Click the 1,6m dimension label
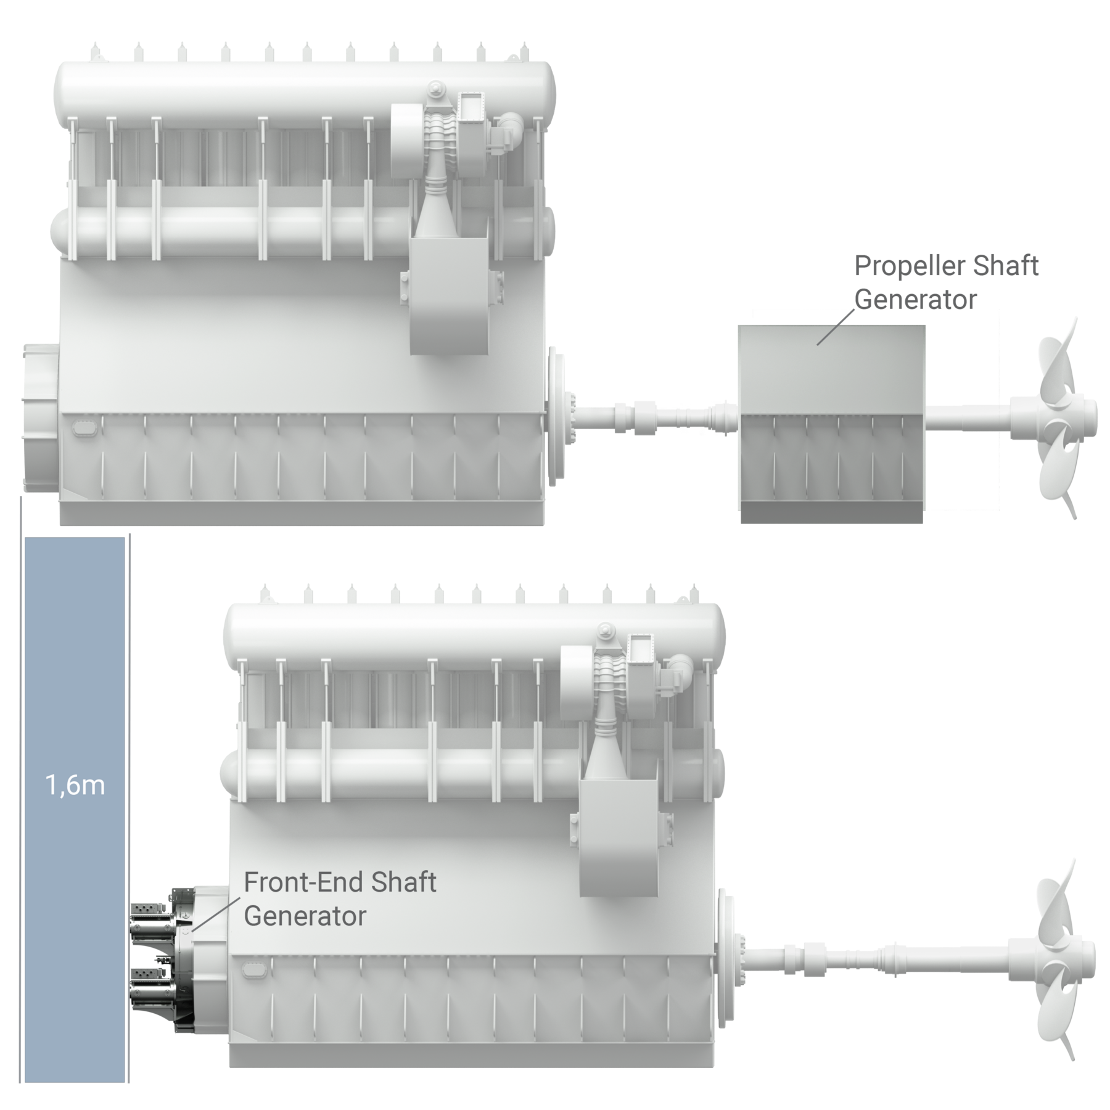[75, 786]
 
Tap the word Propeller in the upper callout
[900, 266]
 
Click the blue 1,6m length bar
[75, 678]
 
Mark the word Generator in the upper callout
[916, 300]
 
